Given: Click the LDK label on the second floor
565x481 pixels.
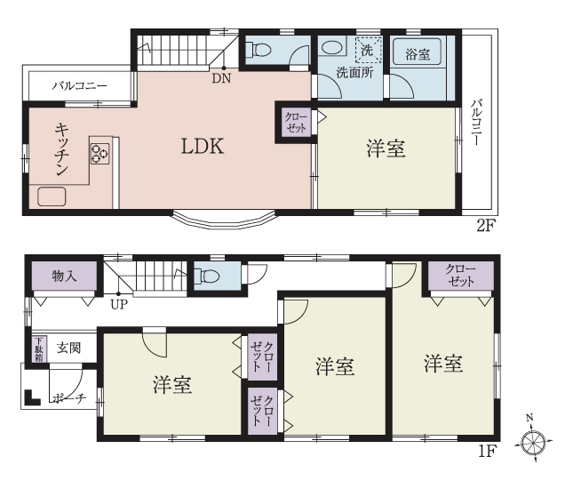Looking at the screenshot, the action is coord(203,147).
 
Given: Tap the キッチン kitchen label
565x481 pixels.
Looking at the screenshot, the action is coord(62,148).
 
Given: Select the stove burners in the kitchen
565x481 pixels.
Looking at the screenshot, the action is coord(99,154).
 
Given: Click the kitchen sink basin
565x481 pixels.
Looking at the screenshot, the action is coord(52,196).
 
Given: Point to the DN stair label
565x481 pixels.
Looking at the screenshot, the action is coord(221,78).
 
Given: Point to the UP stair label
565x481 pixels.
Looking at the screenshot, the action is coord(119,305).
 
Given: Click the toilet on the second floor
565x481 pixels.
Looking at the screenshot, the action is coord(258,50).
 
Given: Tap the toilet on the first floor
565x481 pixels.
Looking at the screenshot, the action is coord(206,277).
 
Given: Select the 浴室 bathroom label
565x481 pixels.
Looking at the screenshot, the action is coord(418,54).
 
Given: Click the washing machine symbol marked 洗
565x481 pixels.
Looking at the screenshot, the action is coord(367,51).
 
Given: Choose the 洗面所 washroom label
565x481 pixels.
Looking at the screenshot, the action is coord(354,73).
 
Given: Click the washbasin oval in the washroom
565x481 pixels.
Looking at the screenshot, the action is coord(332,47).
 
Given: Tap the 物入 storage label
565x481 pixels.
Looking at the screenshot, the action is coord(64,277).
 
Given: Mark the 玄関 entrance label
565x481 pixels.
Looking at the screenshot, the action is coord(68,348).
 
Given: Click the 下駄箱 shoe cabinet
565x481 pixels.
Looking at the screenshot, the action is coord(38,349).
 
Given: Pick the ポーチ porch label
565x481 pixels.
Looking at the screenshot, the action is coord(69,398).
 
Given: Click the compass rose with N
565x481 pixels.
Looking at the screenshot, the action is coord(534,441).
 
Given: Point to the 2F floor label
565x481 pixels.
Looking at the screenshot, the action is coord(487,226).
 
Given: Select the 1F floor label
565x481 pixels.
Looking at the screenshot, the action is coord(488,451).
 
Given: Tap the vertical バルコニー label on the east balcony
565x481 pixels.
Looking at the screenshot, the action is coord(476,122).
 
